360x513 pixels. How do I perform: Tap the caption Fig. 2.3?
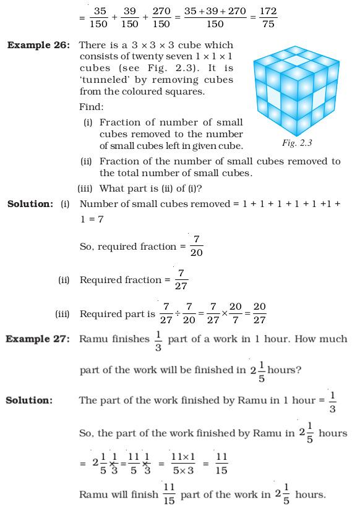[297, 143]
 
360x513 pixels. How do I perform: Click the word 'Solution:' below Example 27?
[28, 401]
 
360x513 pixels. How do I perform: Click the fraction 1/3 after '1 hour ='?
[333, 401]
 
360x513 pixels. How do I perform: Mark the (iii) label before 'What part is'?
[85, 189]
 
